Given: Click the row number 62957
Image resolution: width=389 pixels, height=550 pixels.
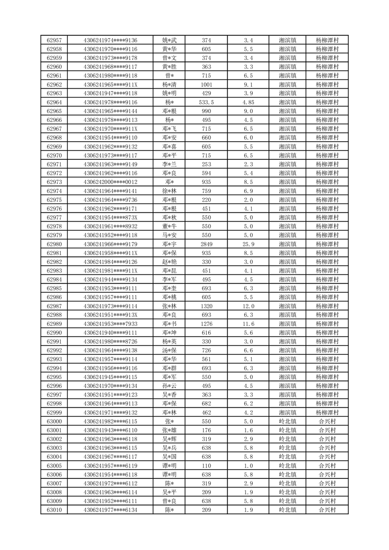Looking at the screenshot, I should (54, 40).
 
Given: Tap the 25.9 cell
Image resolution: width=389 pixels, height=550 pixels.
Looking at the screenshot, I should (248, 244).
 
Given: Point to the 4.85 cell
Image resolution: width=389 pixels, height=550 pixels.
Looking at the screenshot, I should (248, 102).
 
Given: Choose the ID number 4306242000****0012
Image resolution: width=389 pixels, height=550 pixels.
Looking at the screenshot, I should (110, 182).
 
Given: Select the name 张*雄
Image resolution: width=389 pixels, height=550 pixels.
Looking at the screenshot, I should (170, 430).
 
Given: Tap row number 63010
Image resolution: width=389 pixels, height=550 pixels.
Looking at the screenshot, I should (54, 510).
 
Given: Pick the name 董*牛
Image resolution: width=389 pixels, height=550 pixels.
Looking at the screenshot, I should (170, 226).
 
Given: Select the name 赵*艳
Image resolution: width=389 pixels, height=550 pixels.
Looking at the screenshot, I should (170, 262).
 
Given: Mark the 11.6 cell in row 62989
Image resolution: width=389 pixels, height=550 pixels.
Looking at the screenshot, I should (248, 324).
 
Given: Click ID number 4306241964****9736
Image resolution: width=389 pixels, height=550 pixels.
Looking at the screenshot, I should (110, 200).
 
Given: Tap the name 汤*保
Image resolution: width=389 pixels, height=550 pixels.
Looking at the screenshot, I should (170, 350).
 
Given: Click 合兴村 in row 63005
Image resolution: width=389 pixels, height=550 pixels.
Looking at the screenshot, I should (327, 465).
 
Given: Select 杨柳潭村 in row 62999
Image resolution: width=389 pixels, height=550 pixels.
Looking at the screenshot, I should (327, 412).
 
